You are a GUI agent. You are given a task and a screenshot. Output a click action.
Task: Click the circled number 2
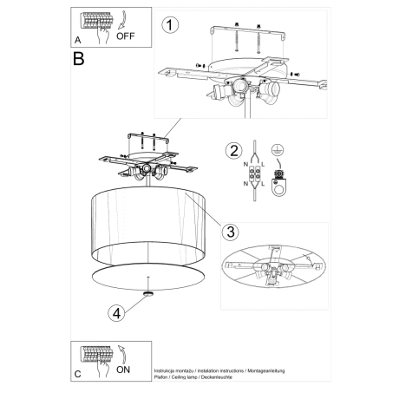coord(232,151)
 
